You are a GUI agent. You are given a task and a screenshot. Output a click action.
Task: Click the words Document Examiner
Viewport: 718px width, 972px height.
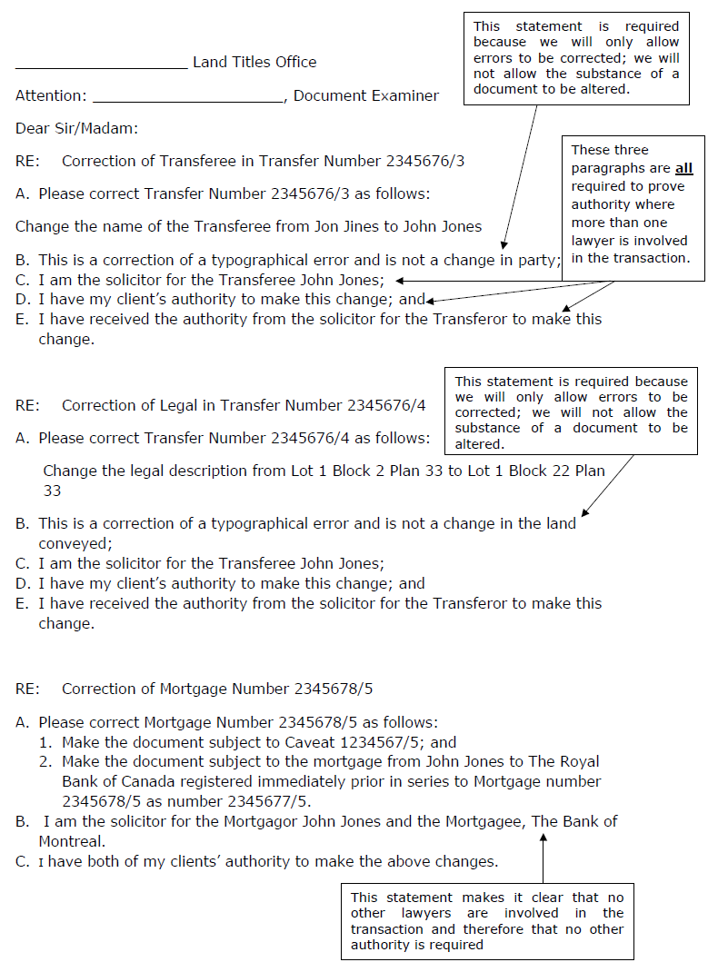(366, 95)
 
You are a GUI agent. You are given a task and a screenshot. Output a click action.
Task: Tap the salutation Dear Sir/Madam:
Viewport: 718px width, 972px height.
(76, 128)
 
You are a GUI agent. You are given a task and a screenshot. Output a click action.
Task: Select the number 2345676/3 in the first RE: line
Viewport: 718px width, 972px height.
(425, 161)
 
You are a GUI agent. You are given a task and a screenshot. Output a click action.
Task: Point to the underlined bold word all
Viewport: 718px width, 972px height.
(683, 168)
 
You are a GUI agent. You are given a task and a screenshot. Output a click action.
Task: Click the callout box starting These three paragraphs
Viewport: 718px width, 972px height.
(632, 204)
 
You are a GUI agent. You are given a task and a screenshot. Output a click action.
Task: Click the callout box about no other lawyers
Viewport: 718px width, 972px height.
(487, 920)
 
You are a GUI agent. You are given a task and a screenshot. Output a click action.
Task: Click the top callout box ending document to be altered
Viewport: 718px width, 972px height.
(576, 57)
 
